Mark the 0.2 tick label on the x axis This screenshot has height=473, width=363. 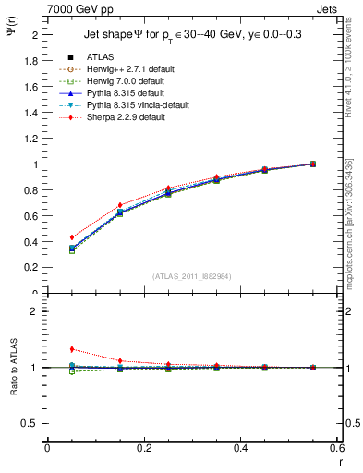(x=143, y=450)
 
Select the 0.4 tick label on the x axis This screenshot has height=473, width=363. (x=240, y=450)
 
